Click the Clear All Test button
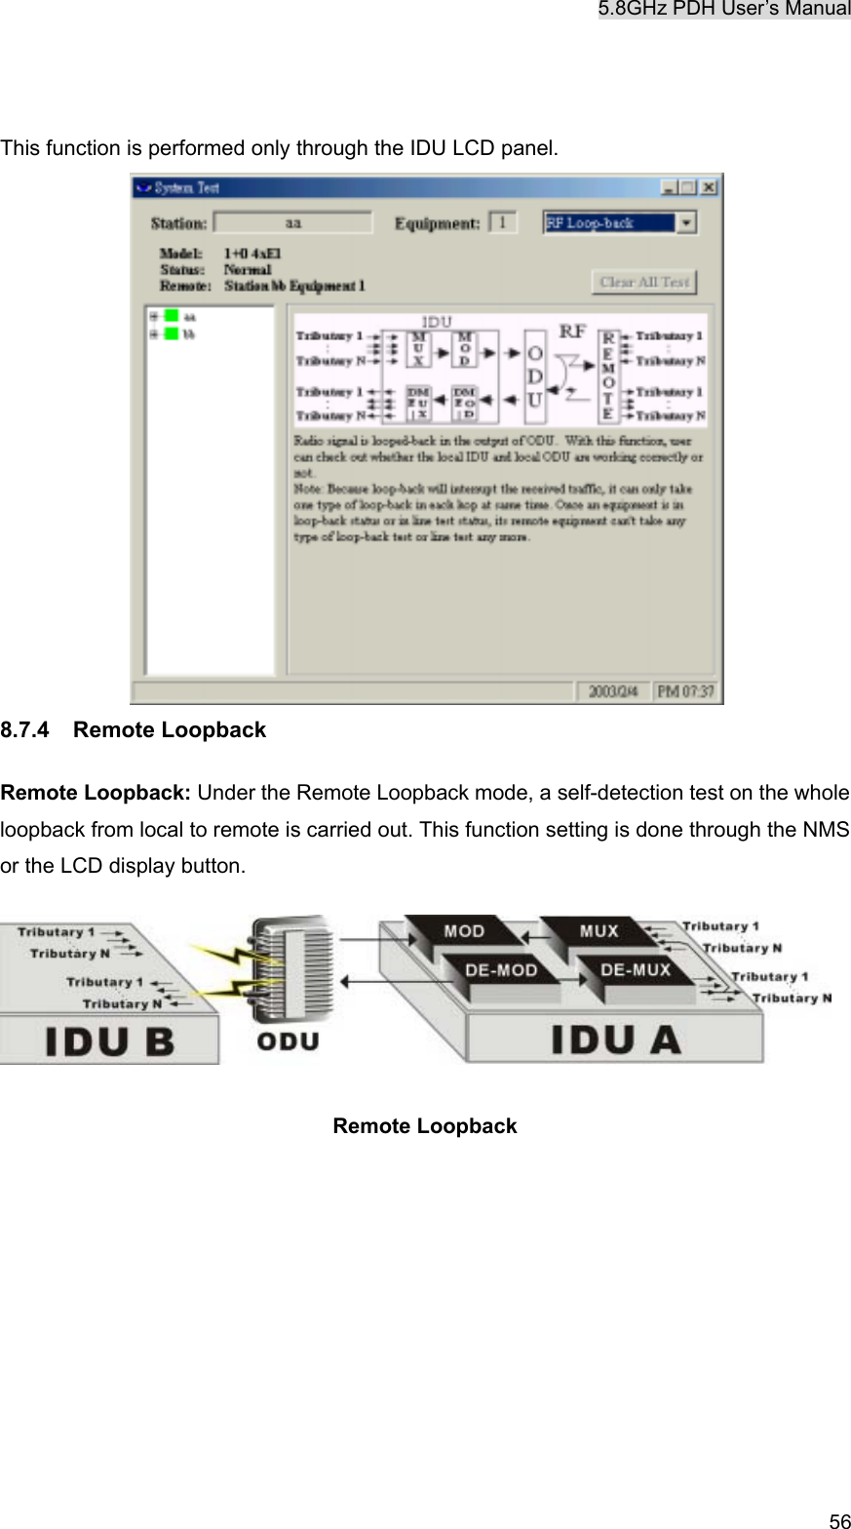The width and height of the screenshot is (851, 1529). pyautogui.click(x=643, y=282)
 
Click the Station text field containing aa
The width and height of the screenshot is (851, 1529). pyautogui.click(x=292, y=223)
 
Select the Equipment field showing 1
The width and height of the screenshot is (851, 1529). pyautogui.click(x=502, y=223)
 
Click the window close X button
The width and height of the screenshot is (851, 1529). pyautogui.click(x=711, y=185)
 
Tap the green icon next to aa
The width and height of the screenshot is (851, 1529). pyautogui.click(x=172, y=316)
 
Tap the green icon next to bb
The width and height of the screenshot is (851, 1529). pyautogui.click(x=172, y=333)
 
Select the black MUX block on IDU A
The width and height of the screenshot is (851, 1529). pyautogui.click(x=599, y=931)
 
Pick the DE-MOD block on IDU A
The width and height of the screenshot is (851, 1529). pyautogui.click(x=499, y=971)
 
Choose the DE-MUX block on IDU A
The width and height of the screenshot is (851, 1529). pyautogui.click(x=635, y=971)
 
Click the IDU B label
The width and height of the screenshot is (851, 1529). pyautogui.click(x=110, y=1042)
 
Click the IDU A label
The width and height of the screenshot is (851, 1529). pyautogui.click(x=616, y=1040)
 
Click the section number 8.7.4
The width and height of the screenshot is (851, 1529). pyautogui.click(x=27, y=730)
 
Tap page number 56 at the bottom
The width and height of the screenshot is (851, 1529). pyautogui.click(x=838, y=1519)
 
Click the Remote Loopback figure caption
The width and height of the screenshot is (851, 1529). pyautogui.click(x=425, y=1126)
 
